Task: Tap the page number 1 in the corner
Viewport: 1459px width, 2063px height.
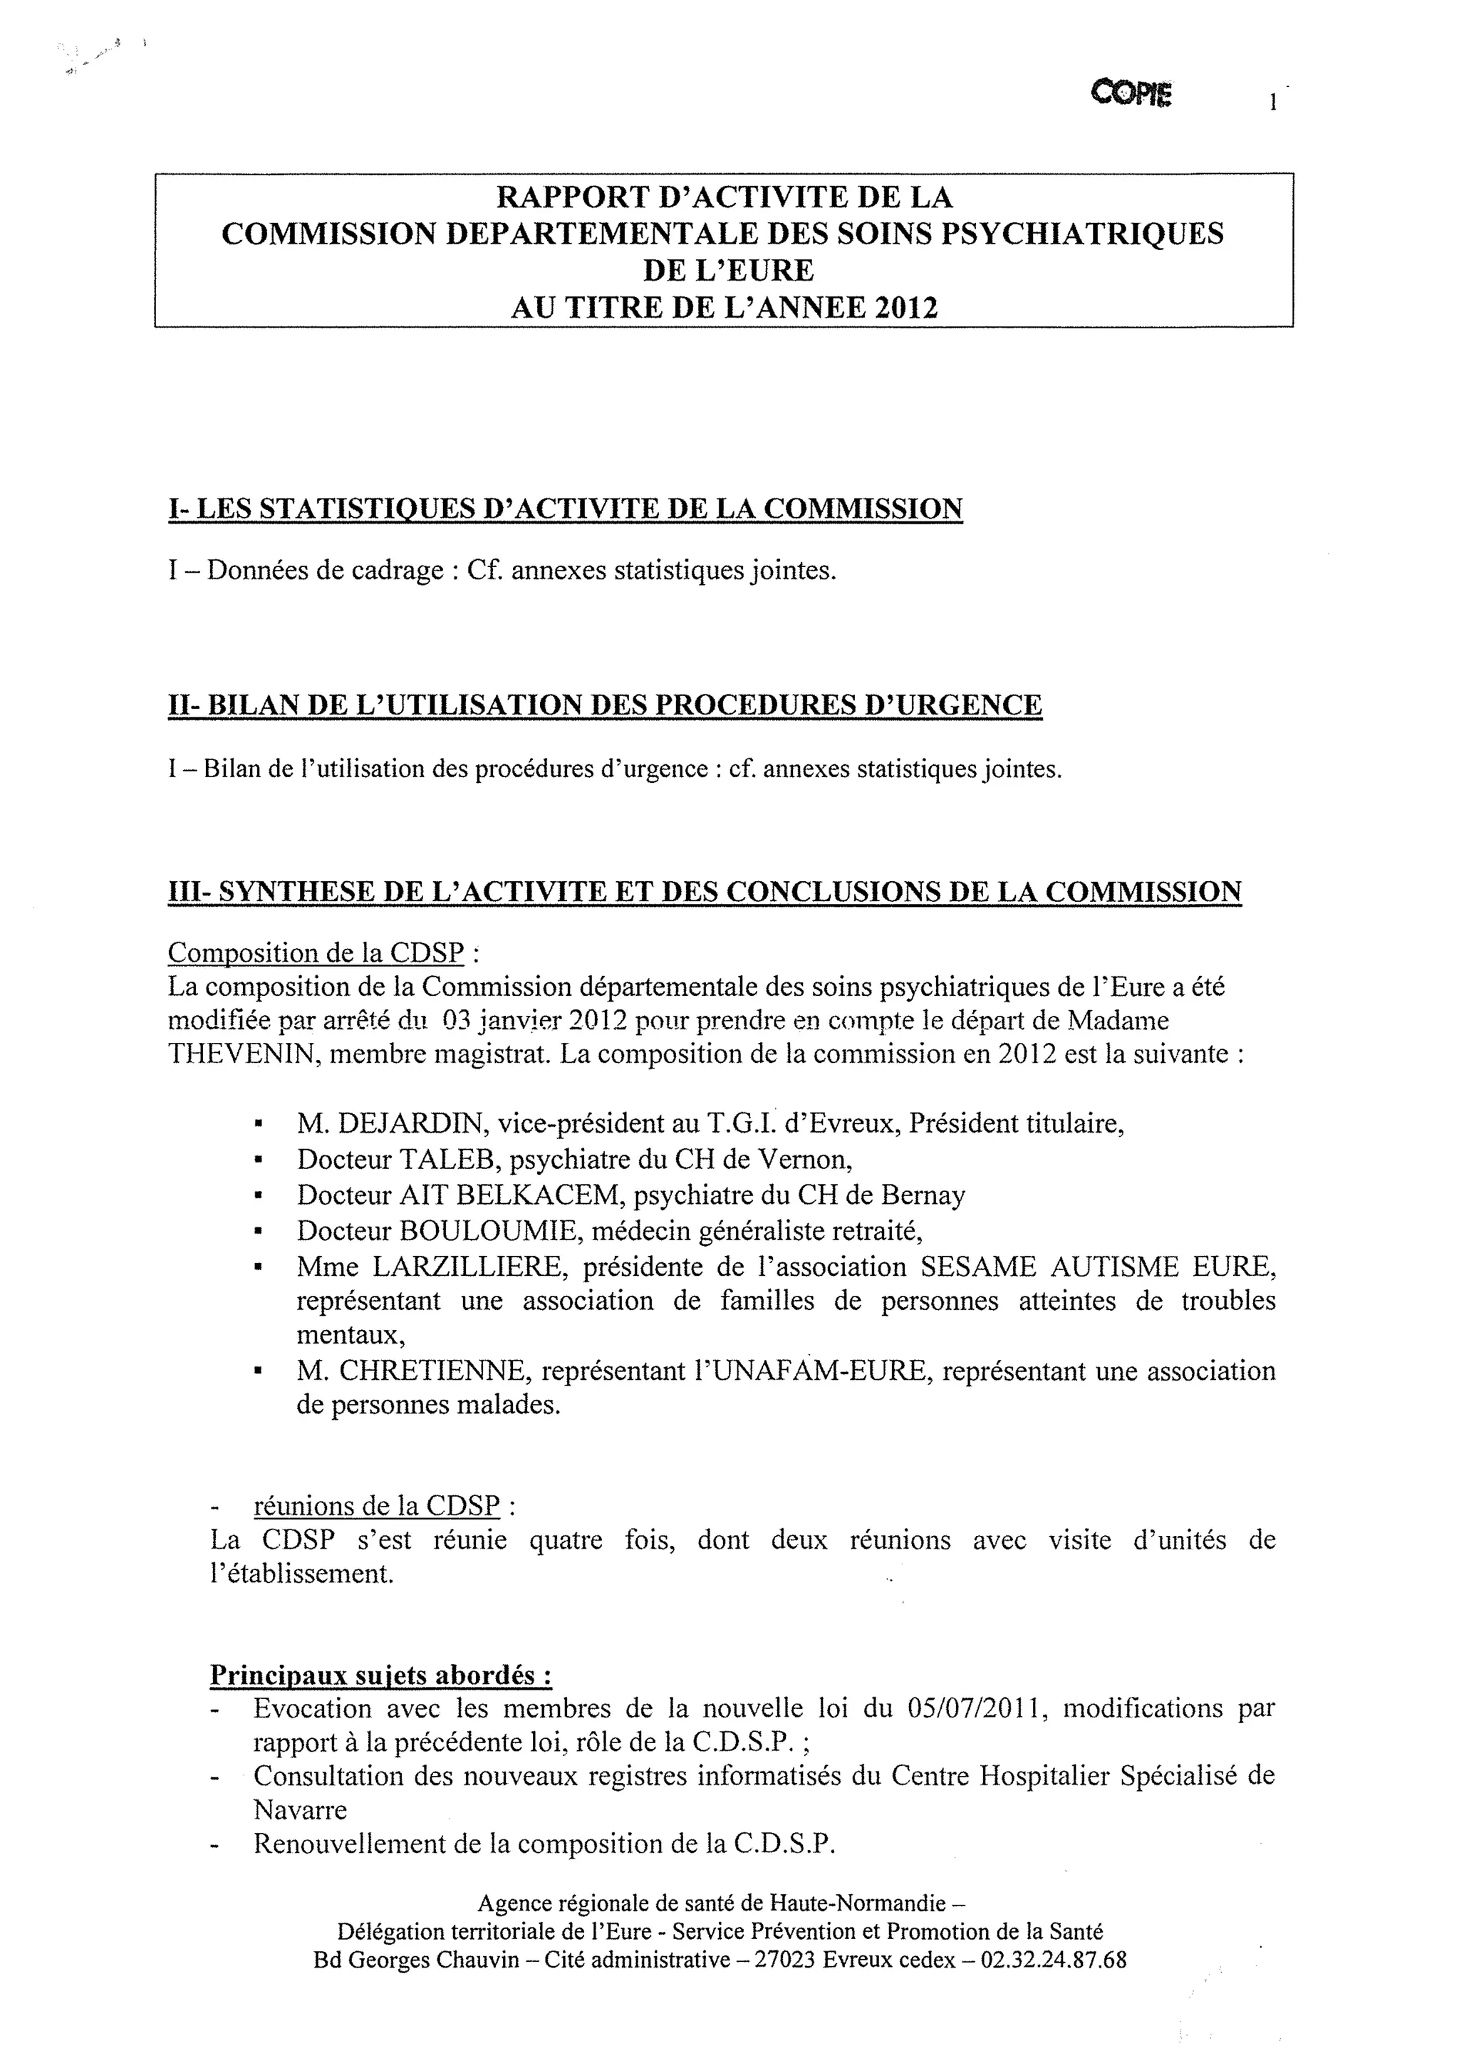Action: [x=1273, y=102]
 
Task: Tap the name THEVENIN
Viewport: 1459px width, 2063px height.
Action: [x=241, y=1053]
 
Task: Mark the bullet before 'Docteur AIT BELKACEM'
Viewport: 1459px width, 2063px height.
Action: [x=258, y=1196]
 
